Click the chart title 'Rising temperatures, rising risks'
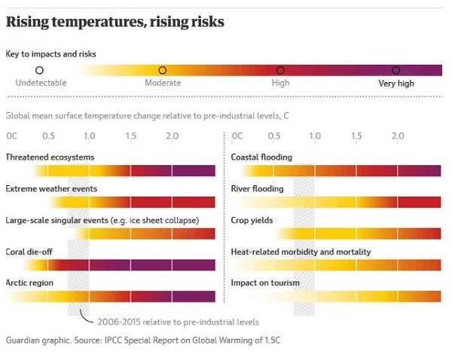pos(115,22)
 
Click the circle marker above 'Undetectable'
pos(40,70)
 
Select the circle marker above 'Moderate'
pos(163,70)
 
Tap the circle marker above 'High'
pos(280,70)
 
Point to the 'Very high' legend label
pos(396,84)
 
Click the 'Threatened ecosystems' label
pos(50,157)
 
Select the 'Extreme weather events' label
pos(51,188)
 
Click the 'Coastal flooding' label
pos(261,157)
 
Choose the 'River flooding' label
pos(257,188)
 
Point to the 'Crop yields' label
pos(252,220)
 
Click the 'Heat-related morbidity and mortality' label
pos(301,252)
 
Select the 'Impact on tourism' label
pos(265,282)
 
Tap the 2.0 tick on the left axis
pos(172,136)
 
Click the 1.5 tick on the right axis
pos(356,136)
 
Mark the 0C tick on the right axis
pos(237,136)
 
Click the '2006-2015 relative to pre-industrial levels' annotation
pos(179,320)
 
